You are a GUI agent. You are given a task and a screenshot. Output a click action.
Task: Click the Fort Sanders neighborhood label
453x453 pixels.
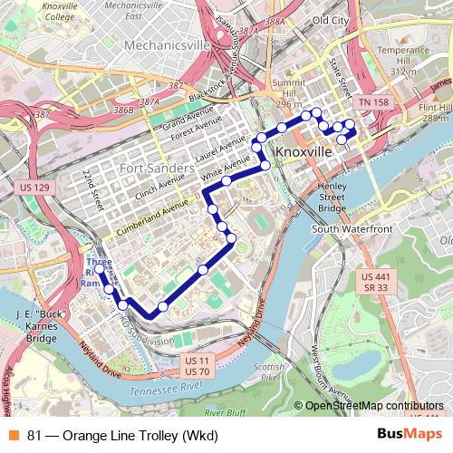(157, 169)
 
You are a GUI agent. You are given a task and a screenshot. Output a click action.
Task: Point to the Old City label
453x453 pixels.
(331, 20)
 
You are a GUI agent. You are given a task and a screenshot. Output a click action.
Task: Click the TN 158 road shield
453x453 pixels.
(371, 103)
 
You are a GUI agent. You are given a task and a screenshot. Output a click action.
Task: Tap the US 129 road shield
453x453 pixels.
(34, 188)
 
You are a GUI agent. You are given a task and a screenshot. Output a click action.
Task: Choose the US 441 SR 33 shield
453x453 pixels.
(375, 281)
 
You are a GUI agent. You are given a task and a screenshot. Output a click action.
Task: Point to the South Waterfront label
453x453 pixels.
(352, 229)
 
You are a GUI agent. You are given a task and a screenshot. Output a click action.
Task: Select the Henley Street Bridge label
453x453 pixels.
(333, 198)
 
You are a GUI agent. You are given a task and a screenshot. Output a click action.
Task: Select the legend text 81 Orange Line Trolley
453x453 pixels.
(122, 436)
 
